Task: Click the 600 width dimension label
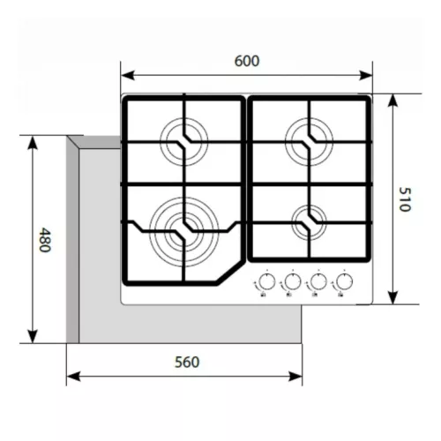coord(247,61)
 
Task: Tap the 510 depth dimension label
coord(405,199)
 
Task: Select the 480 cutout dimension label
coord(45,240)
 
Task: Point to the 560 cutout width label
coord(187,363)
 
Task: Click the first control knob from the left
coord(267,281)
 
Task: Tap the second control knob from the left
coord(293,281)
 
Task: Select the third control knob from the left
coord(318,281)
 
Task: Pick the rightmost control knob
coord(344,281)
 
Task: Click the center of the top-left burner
coord(184,142)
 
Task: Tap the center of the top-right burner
coord(310,142)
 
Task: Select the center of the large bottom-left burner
coord(184,232)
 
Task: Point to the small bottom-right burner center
coord(310,222)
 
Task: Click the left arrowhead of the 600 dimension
coord(128,75)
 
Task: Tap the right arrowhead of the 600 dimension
coord(365,75)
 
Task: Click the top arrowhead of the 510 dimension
coord(393,101)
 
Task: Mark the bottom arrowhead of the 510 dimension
coord(393,297)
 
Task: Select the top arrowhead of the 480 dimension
coord(33,143)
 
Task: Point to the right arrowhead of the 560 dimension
coord(295,377)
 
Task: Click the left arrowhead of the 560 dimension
coord(73,377)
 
